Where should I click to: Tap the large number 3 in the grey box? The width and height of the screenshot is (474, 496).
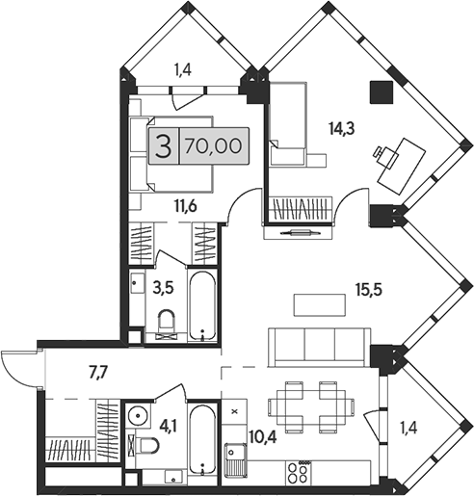164,147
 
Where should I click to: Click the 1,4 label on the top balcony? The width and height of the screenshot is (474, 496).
183,69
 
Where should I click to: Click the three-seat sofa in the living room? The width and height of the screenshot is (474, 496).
319,344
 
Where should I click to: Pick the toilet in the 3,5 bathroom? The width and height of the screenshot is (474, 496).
166,325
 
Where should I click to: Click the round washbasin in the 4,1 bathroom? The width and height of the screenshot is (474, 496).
138,417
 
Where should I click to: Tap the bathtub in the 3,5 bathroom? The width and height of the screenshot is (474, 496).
202,306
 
